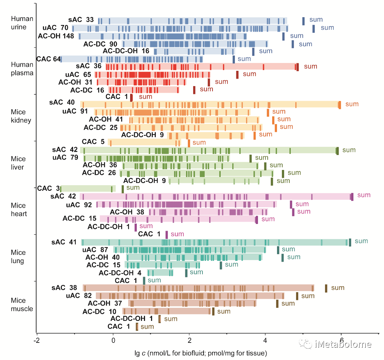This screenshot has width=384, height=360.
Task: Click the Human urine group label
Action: [22, 23]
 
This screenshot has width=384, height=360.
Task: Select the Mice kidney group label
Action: [21, 116]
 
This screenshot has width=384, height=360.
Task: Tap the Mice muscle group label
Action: [22, 304]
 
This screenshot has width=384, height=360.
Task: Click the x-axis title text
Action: [201, 353]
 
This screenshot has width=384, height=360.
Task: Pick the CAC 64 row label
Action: [48, 59]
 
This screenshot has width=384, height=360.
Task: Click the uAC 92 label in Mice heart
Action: [79, 205]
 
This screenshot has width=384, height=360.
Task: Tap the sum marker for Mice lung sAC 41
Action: [350, 242]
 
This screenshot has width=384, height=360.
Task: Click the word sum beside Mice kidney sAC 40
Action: [352, 104]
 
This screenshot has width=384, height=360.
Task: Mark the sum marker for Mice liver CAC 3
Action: [122, 189]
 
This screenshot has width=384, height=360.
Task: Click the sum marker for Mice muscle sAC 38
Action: [326, 288]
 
